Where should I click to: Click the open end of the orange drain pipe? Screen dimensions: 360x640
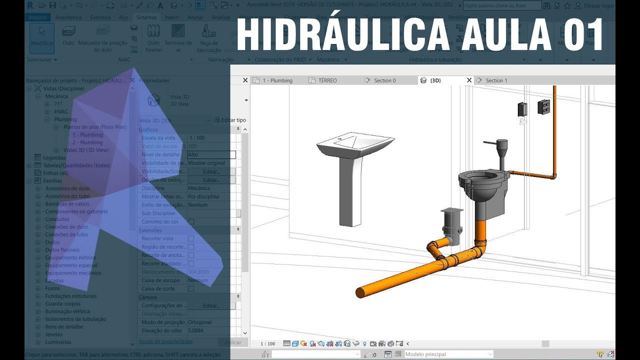tap(360, 292)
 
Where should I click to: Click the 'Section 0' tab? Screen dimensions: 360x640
tap(384, 80)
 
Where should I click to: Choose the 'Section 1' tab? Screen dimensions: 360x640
tap(496, 80)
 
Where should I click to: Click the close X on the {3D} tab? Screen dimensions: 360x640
tap(469, 80)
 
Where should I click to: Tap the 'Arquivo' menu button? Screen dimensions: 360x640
tap(38, 17)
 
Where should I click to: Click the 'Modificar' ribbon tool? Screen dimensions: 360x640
tap(42, 37)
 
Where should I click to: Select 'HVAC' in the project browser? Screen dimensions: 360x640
tap(61, 111)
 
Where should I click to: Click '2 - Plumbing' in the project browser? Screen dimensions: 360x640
tap(87, 142)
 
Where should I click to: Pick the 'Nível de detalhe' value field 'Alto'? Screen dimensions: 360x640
tap(211, 155)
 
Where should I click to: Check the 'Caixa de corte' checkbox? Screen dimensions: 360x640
tap(191, 289)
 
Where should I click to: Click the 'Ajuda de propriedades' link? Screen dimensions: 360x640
tap(165, 341)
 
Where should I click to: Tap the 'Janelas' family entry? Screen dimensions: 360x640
tap(53, 334)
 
